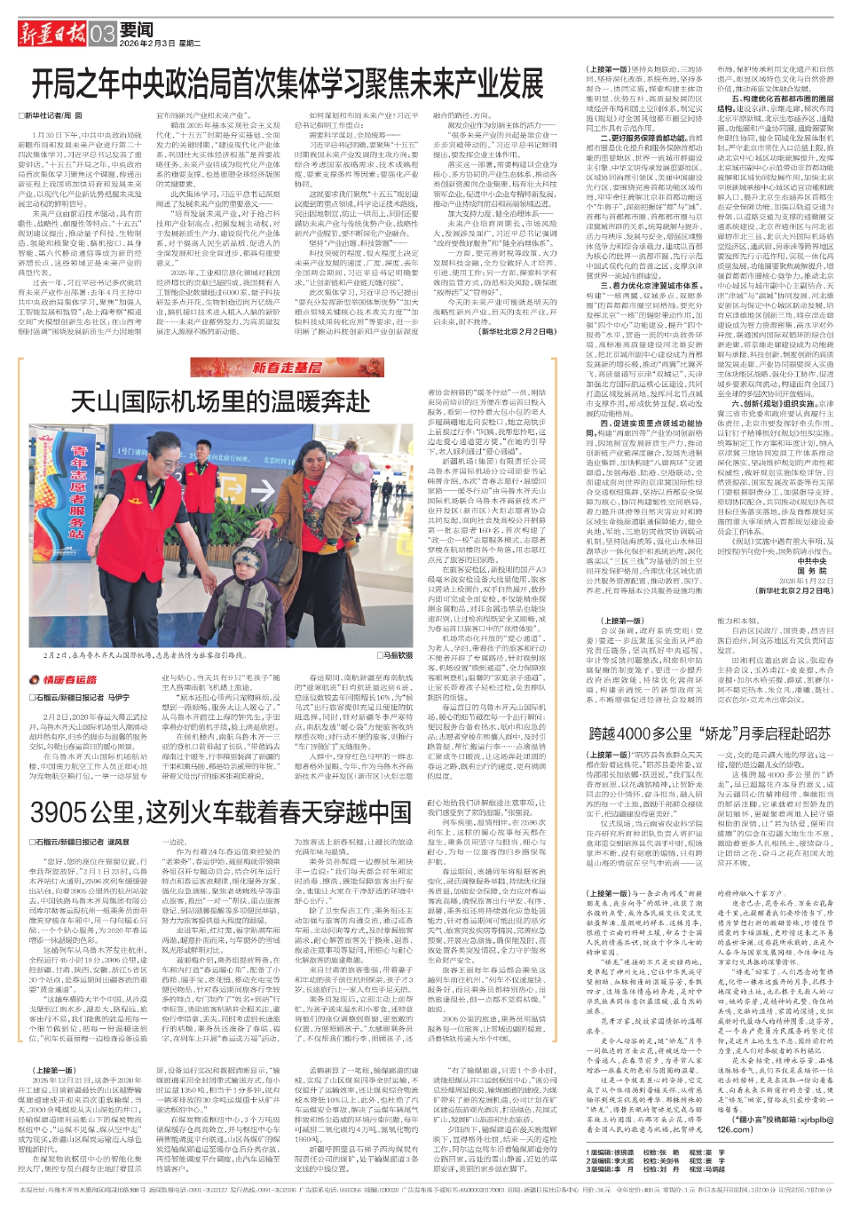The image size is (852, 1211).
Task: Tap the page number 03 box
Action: point(102,34)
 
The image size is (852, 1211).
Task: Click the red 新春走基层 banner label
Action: point(287,367)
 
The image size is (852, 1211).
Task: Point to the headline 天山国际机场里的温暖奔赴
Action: point(220,401)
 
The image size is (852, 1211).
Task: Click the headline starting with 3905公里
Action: point(209,811)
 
